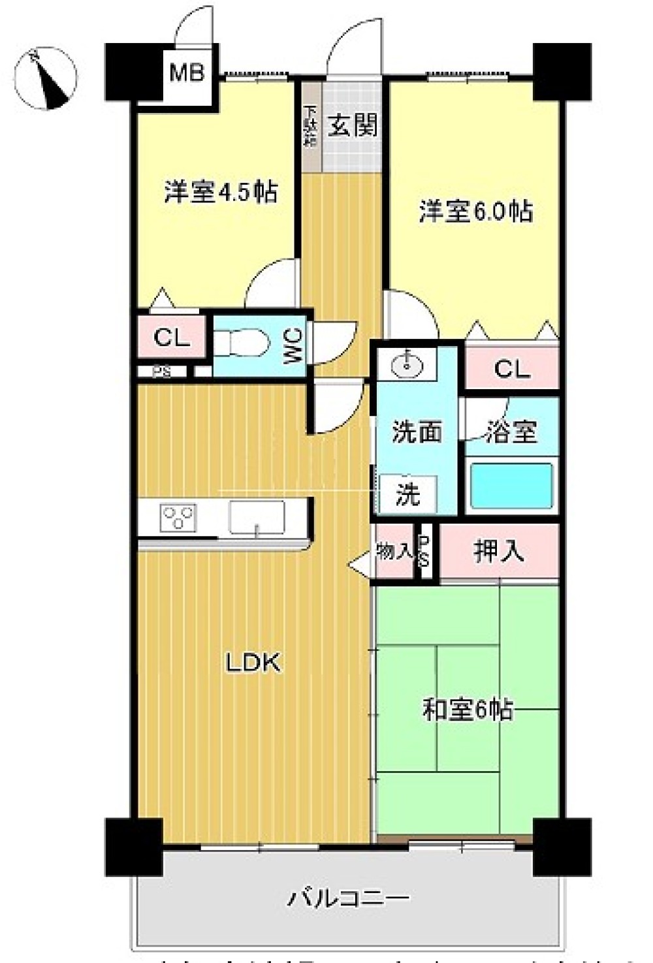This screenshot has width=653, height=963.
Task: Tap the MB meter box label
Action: pyautogui.click(x=187, y=72)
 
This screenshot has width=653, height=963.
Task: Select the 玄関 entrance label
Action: pyautogui.click(x=353, y=125)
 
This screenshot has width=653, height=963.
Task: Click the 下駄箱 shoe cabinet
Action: pyautogui.click(x=310, y=125)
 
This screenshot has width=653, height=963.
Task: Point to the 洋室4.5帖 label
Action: pyautogui.click(x=221, y=193)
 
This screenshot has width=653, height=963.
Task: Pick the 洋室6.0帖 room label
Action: pyautogui.click(x=475, y=212)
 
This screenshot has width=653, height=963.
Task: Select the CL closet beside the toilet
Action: pyautogui.click(x=172, y=337)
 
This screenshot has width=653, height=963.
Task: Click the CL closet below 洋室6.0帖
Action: pyautogui.click(x=512, y=369)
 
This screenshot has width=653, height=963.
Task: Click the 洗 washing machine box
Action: pyautogui.click(x=408, y=495)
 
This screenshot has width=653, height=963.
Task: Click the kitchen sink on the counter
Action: pyautogui.click(x=256, y=518)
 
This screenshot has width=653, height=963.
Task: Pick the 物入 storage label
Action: pyautogui.click(x=394, y=552)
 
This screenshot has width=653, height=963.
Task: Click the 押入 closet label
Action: pyautogui.click(x=499, y=552)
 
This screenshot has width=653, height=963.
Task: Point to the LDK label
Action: pyautogui.click(x=253, y=663)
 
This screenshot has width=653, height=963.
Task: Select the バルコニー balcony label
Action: pyautogui.click(x=349, y=899)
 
